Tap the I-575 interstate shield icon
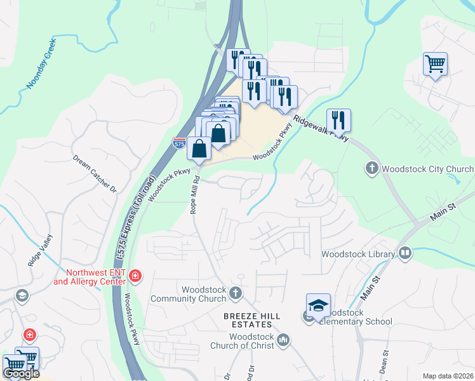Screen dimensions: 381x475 180,144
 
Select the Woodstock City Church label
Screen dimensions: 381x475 427,169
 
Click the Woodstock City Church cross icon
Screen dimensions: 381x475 371,169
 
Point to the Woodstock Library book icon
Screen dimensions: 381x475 405,254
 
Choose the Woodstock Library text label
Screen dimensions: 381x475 358,254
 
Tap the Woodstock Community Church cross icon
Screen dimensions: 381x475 236,293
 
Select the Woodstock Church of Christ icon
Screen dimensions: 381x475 283,340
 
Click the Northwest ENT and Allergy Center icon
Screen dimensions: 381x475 135,276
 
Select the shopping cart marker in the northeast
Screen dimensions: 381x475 435,64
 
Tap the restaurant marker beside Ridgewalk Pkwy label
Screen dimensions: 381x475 338,121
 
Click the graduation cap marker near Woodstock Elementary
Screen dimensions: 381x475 318,306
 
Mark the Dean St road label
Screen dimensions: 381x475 385,361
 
